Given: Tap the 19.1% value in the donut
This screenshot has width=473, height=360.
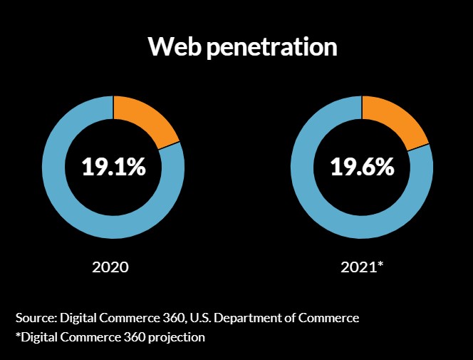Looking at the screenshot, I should point(113,168).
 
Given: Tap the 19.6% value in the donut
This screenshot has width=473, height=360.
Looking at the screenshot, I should point(362,168).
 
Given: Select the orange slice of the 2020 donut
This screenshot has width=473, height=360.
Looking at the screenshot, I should point(146,120).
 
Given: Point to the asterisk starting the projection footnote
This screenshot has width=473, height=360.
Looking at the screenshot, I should point(18,335).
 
